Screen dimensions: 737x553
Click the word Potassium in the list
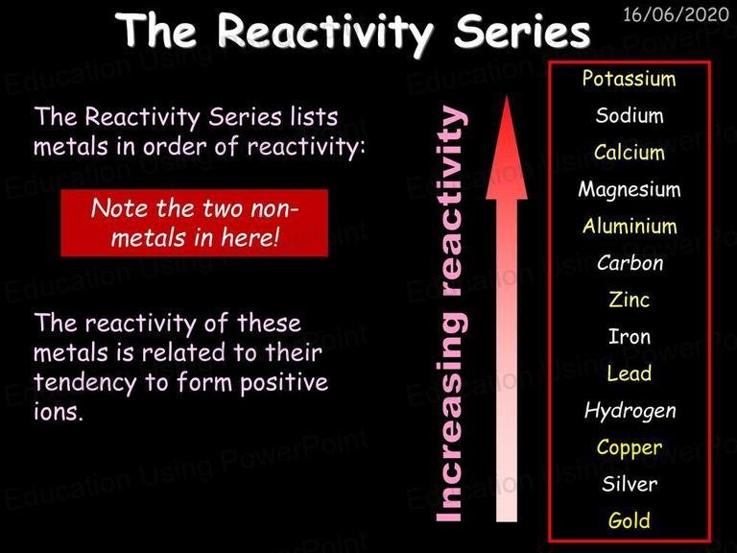click(x=629, y=79)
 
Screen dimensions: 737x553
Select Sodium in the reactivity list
click(x=630, y=115)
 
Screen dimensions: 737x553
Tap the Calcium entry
click(x=629, y=152)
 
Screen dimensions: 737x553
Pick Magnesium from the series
click(x=630, y=190)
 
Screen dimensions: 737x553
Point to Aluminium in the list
click(x=630, y=226)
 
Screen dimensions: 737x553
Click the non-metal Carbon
click(x=630, y=263)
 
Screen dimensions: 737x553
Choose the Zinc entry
click(x=630, y=300)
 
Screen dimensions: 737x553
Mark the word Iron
click(x=630, y=336)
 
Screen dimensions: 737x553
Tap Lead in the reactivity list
click(x=629, y=373)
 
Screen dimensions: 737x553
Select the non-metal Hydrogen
click(x=630, y=411)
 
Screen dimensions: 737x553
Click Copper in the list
click(x=630, y=448)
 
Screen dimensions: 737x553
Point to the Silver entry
click(x=630, y=484)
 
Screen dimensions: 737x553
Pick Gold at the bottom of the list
click(x=630, y=520)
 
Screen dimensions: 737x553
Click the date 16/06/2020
click(x=676, y=14)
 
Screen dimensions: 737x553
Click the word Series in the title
click(x=522, y=31)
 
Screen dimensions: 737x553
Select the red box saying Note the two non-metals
click(x=195, y=223)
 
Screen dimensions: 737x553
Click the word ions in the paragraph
click(x=59, y=412)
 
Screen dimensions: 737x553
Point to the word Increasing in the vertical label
click(x=451, y=418)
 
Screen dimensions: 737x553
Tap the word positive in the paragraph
click(x=284, y=383)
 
